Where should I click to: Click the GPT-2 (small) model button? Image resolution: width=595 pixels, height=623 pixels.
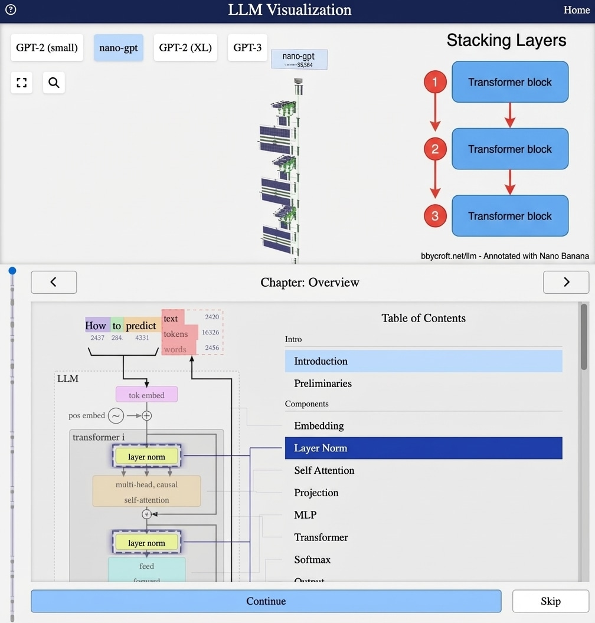click(47, 48)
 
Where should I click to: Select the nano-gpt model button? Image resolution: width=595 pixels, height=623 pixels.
click(118, 48)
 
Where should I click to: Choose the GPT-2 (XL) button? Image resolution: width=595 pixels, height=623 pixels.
click(185, 48)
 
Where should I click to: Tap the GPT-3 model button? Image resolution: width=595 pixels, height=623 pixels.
click(247, 48)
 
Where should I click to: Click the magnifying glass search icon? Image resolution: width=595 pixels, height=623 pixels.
click(54, 83)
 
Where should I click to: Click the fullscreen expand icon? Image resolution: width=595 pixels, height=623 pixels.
click(22, 83)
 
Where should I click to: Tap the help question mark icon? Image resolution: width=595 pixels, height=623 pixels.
click(11, 9)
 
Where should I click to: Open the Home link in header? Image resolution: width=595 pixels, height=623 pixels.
click(576, 10)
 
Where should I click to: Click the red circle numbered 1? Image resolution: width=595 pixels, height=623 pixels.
click(435, 82)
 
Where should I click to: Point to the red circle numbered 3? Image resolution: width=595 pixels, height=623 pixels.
click(435, 216)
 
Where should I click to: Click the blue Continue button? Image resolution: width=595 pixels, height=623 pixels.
click(266, 601)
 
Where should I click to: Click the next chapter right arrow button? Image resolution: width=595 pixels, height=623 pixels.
click(565, 282)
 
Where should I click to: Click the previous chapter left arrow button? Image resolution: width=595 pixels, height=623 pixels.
click(54, 282)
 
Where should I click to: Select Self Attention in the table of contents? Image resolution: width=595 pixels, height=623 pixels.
click(324, 470)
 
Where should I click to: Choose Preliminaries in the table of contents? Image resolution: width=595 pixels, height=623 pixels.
click(323, 383)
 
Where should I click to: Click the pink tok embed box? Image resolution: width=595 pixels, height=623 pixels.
click(146, 395)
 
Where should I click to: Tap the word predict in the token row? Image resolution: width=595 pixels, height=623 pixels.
click(141, 326)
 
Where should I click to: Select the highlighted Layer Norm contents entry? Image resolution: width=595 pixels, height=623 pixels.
click(423, 448)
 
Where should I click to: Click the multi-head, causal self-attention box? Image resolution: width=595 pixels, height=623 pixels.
click(146, 491)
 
